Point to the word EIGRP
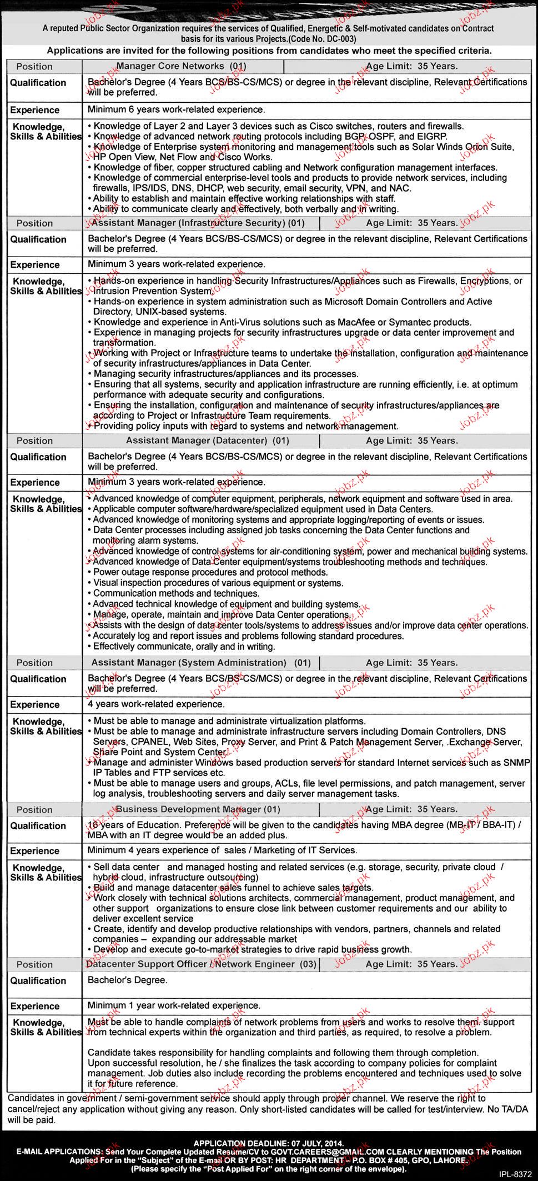click(x=432, y=136)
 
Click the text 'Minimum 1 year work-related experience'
click(x=174, y=1006)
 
